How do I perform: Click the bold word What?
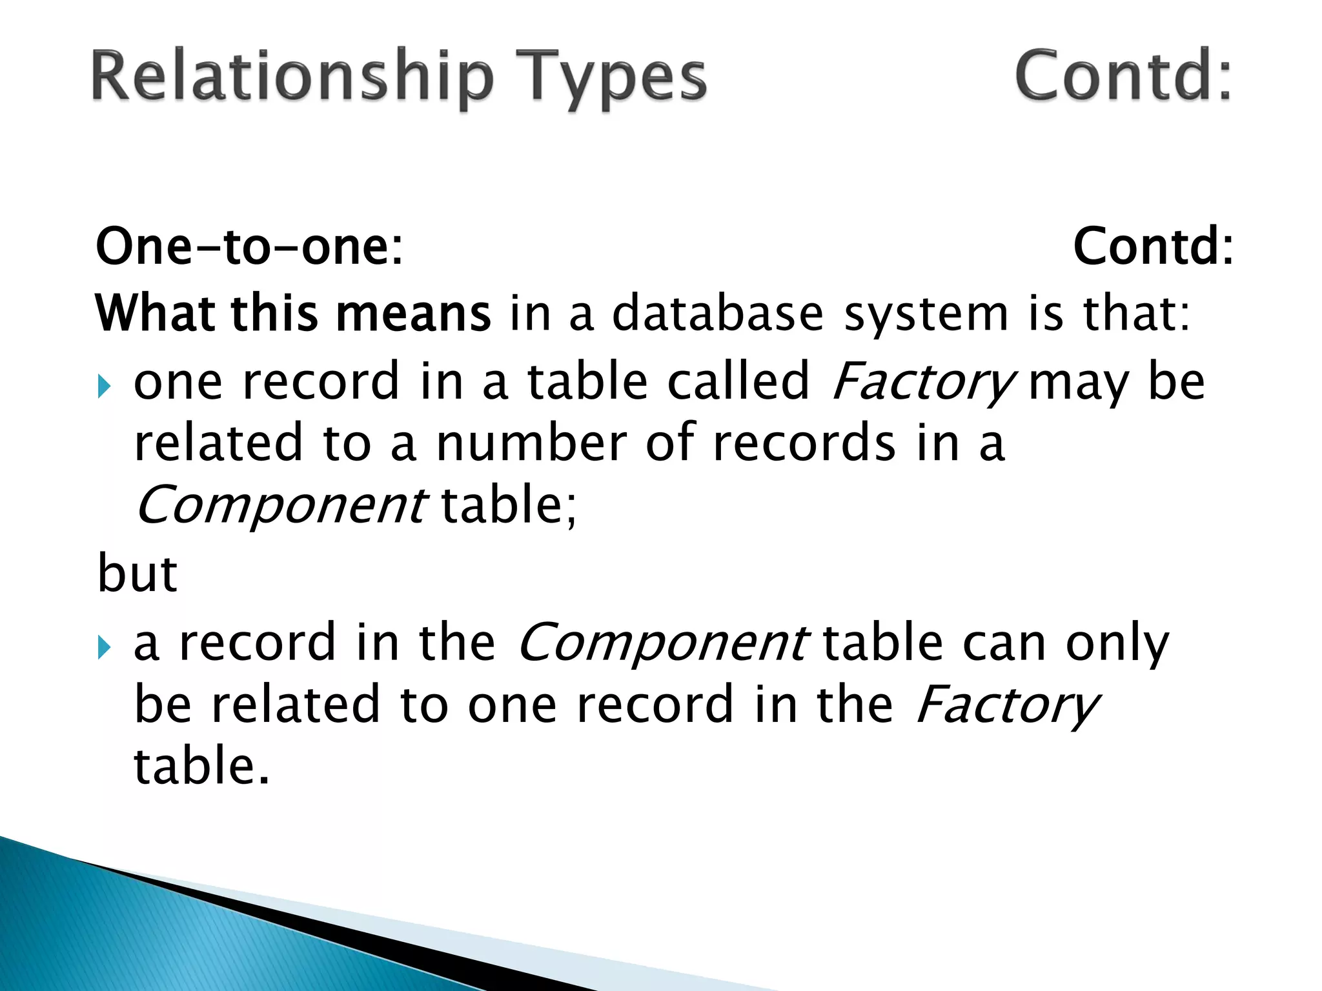(x=156, y=314)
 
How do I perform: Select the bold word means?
(x=413, y=314)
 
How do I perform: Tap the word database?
(x=717, y=314)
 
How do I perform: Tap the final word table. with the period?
(x=201, y=766)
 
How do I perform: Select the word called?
(x=738, y=381)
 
